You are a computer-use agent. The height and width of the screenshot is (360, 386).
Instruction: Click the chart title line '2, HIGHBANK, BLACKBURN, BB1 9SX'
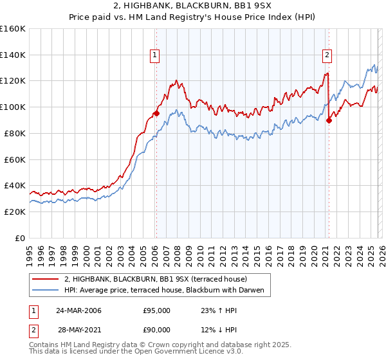click(193, 5)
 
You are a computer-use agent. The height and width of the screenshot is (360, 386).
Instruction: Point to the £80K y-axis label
click(15, 133)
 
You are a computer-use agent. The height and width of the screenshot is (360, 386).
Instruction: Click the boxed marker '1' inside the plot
click(155, 56)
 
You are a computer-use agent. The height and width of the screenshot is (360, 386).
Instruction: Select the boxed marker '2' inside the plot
click(327, 56)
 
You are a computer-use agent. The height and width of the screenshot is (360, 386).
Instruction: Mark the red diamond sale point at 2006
click(156, 114)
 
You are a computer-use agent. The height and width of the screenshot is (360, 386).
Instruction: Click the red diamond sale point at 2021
click(329, 120)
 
